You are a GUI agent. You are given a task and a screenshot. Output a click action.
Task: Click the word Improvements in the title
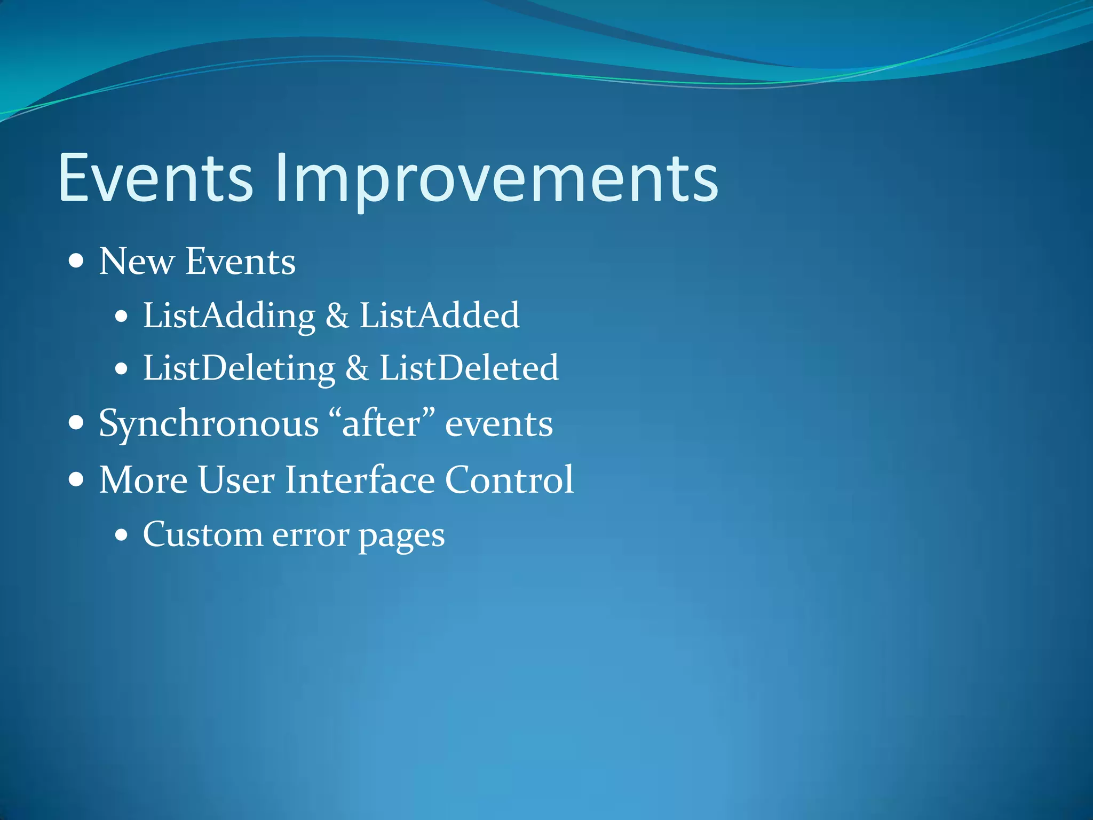[x=496, y=179]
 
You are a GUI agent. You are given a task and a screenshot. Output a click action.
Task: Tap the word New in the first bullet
[x=137, y=262]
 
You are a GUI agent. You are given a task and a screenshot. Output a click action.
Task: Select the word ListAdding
[x=229, y=316]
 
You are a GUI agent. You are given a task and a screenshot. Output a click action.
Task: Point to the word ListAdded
[x=439, y=315]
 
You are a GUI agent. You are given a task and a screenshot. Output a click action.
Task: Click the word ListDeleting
[x=239, y=369]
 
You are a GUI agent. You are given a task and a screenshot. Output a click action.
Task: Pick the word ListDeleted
[x=469, y=368]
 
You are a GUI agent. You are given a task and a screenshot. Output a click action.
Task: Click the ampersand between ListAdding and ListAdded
[x=337, y=316]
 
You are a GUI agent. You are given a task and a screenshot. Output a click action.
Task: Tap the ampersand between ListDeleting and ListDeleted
[x=357, y=368]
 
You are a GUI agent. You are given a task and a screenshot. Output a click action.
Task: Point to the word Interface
[x=360, y=479]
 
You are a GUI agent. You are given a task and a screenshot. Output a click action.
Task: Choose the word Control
[x=509, y=479]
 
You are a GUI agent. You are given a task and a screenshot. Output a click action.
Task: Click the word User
[x=236, y=479]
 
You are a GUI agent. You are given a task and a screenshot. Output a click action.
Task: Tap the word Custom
[x=203, y=534]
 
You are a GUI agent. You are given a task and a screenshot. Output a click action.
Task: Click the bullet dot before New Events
[x=77, y=262]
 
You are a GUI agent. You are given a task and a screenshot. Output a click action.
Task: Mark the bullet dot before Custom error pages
[x=122, y=534]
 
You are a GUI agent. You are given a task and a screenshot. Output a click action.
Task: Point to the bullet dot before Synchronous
[x=77, y=424]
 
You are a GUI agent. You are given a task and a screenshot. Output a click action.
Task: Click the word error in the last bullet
[x=311, y=535]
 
